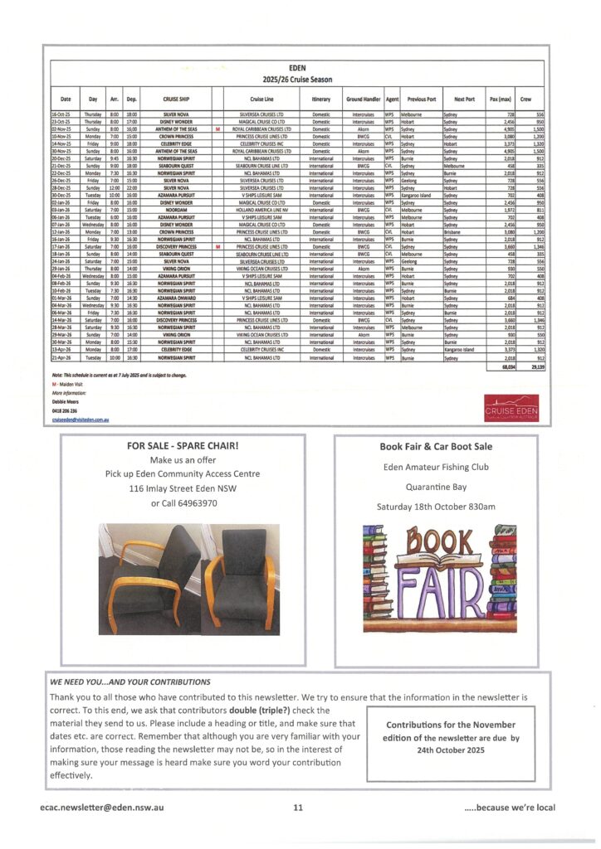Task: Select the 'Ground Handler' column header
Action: (362, 99)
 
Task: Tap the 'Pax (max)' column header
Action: (500, 99)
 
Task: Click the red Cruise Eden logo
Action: (511, 410)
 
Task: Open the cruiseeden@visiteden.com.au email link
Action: (81, 421)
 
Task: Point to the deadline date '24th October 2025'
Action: (452, 750)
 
